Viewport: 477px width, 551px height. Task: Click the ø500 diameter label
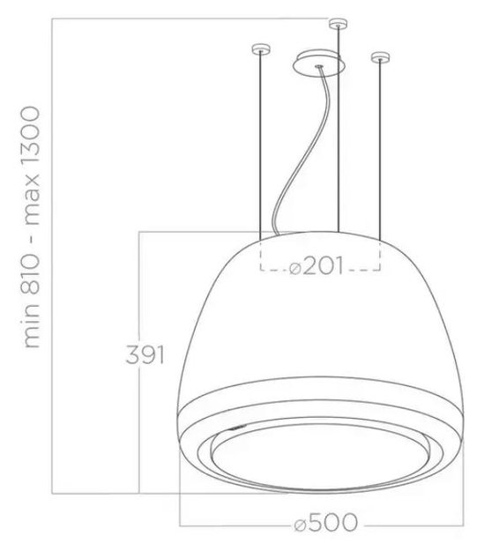point(325,523)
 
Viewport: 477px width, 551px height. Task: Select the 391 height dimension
point(145,355)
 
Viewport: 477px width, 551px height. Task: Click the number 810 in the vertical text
point(31,275)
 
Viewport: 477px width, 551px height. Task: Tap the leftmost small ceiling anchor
point(261,48)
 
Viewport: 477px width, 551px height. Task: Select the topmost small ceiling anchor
point(339,24)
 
